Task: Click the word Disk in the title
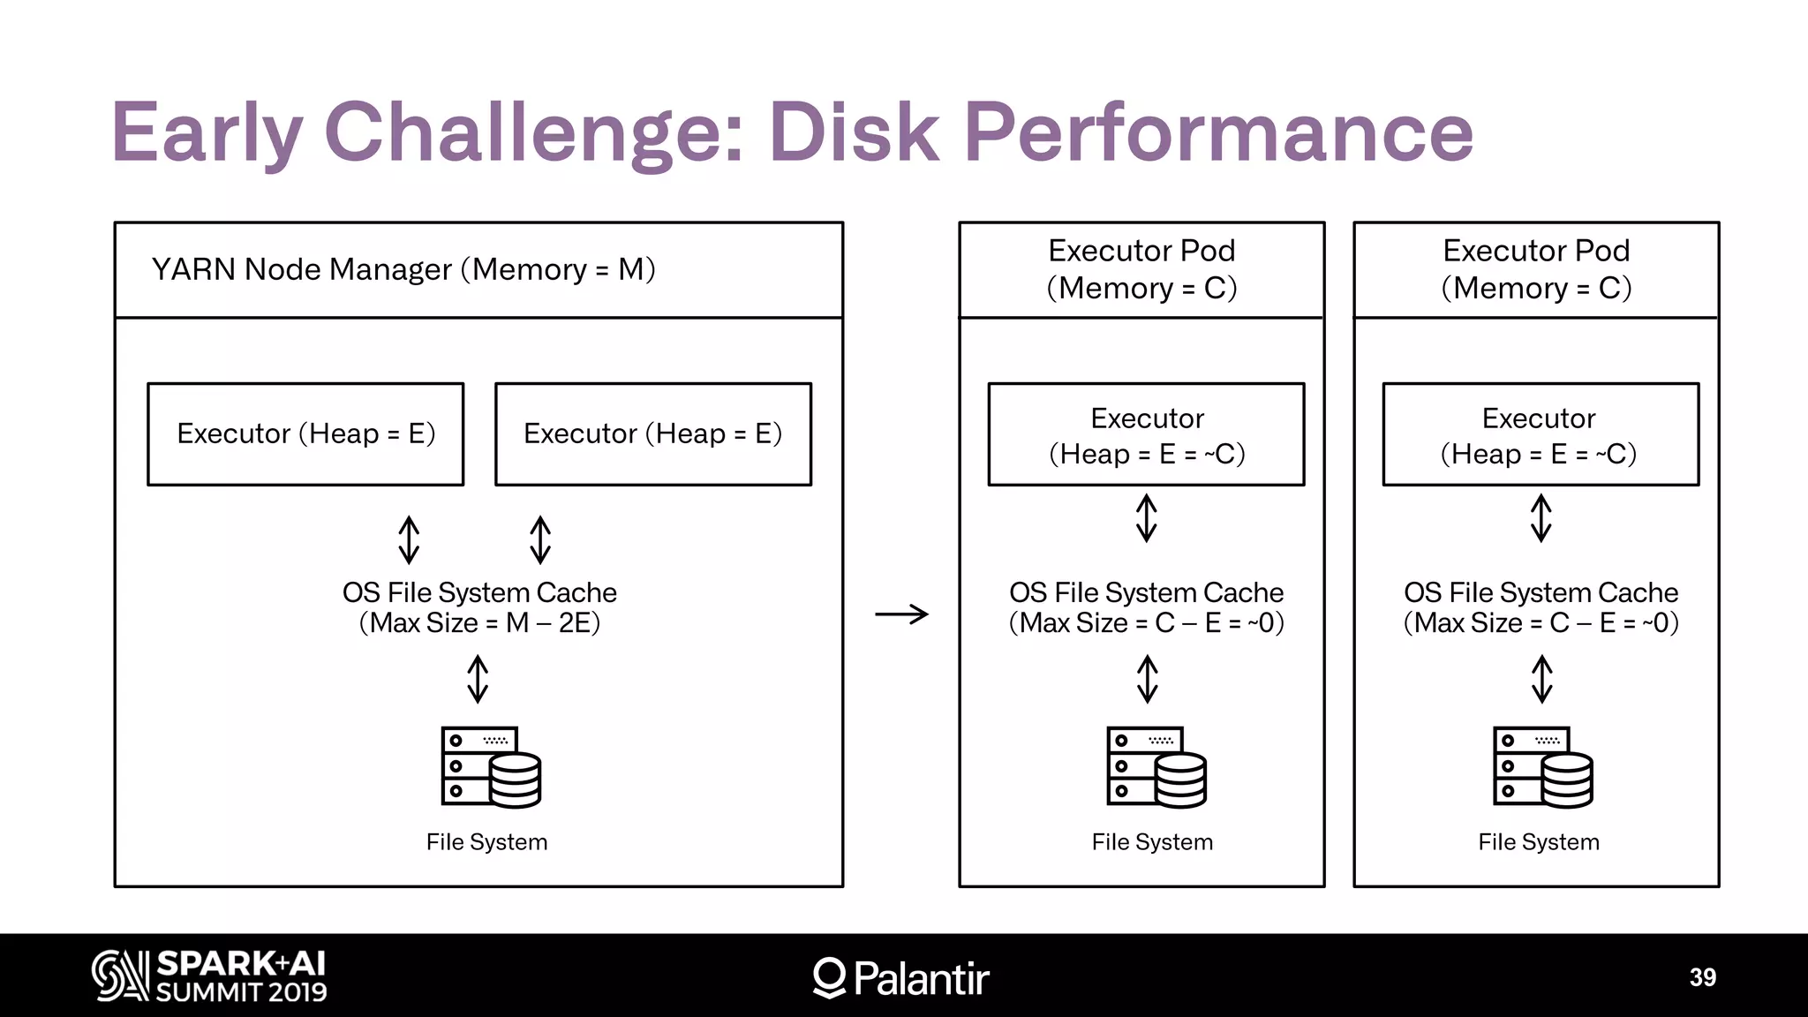coord(854,132)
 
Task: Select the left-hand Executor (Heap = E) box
coord(305,433)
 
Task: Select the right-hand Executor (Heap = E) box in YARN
coord(653,433)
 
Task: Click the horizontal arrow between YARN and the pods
coord(901,614)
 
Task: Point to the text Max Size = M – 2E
coord(479,623)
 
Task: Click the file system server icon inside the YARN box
coord(491,766)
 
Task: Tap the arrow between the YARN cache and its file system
coord(478,678)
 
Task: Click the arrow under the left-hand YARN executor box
coord(409,539)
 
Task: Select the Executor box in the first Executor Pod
coord(1146,434)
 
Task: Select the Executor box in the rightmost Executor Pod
coord(1541,434)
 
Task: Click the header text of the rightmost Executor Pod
coord(1536,269)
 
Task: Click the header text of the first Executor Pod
coord(1141,269)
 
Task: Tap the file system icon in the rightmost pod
coord(1542,766)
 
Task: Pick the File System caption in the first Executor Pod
coord(1152,842)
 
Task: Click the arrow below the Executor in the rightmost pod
coord(1541,517)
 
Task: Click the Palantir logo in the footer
coord(900,977)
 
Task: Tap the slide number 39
coord(1702,977)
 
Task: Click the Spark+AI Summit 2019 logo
coord(209,976)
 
